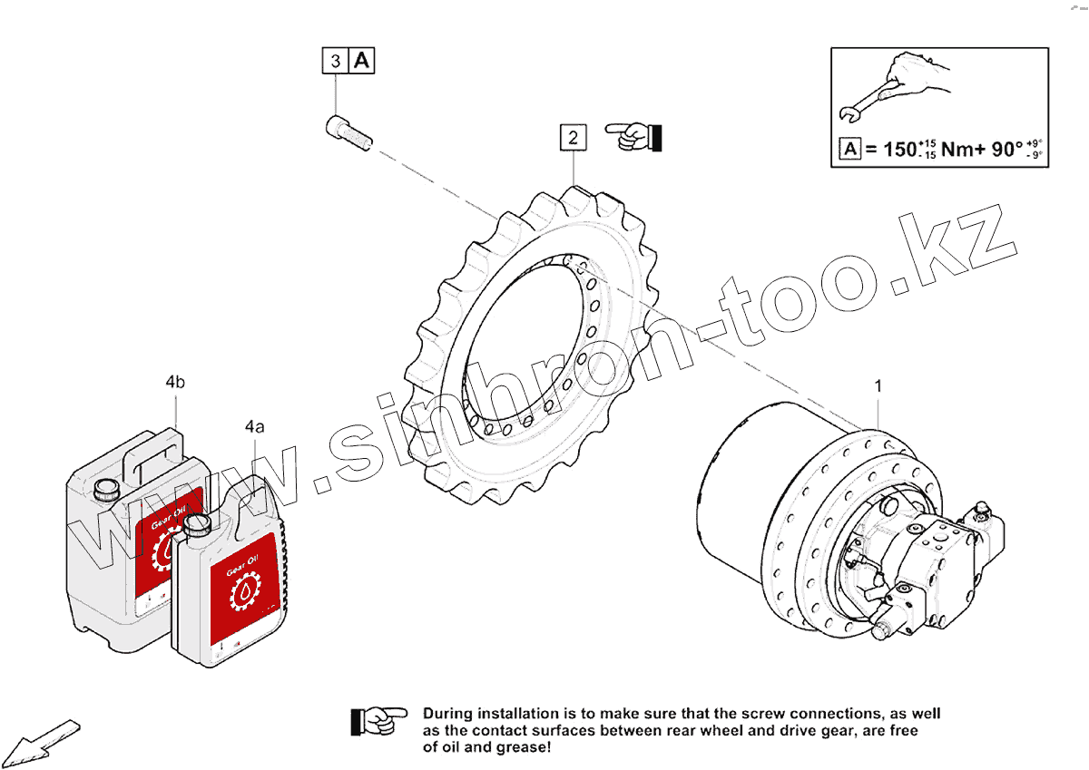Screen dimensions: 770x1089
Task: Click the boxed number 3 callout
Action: pyautogui.click(x=336, y=62)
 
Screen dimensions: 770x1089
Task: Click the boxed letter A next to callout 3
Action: pyautogui.click(x=361, y=61)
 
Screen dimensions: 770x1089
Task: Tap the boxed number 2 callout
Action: pyautogui.click(x=573, y=138)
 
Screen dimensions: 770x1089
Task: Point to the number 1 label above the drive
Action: pyautogui.click(x=878, y=387)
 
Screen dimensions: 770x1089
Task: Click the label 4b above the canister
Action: pyautogui.click(x=175, y=383)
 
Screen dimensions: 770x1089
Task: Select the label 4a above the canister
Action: pyautogui.click(x=254, y=425)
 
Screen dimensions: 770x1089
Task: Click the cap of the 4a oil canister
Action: pyautogui.click(x=197, y=524)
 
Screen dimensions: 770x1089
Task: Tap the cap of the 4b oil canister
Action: pyautogui.click(x=105, y=489)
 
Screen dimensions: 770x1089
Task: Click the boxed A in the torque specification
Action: pyautogui.click(x=849, y=149)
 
